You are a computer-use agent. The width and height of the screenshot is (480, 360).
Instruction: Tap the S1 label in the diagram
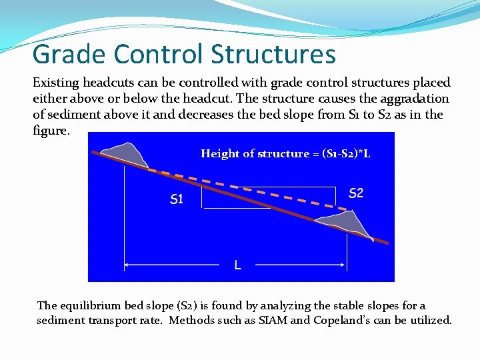click(177, 199)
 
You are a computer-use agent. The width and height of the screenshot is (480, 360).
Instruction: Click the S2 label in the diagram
click(356, 193)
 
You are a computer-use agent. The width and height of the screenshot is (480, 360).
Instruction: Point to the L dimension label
click(237, 265)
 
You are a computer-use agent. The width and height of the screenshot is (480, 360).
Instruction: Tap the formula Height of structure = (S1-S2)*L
click(285, 153)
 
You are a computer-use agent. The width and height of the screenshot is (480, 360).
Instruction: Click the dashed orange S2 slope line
click(267, 191)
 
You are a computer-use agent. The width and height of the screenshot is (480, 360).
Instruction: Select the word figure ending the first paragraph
click(49, 130)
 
